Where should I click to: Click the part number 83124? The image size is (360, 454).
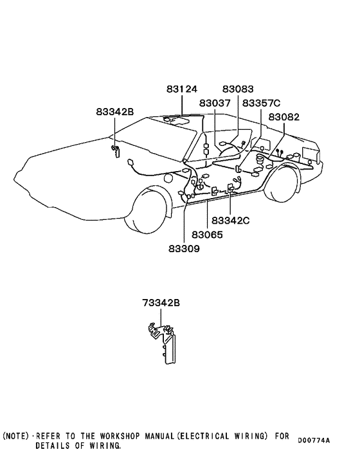click(x=181, y=89)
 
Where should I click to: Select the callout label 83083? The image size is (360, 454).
click(x=238, y=89)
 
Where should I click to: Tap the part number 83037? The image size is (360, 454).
click(x=215, y=103)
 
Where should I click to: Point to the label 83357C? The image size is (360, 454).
click(x=261, y=103)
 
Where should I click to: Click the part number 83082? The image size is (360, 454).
click(x=284, y=117)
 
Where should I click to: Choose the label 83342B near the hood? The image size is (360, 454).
click(x=115, y=112)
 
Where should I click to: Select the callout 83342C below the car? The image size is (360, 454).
click(x=230, y=221)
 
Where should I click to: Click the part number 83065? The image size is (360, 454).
click(x=207, y=235)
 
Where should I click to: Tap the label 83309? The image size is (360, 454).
click(x=184, y=248)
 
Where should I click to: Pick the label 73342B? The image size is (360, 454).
click(x=161, y=303)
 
